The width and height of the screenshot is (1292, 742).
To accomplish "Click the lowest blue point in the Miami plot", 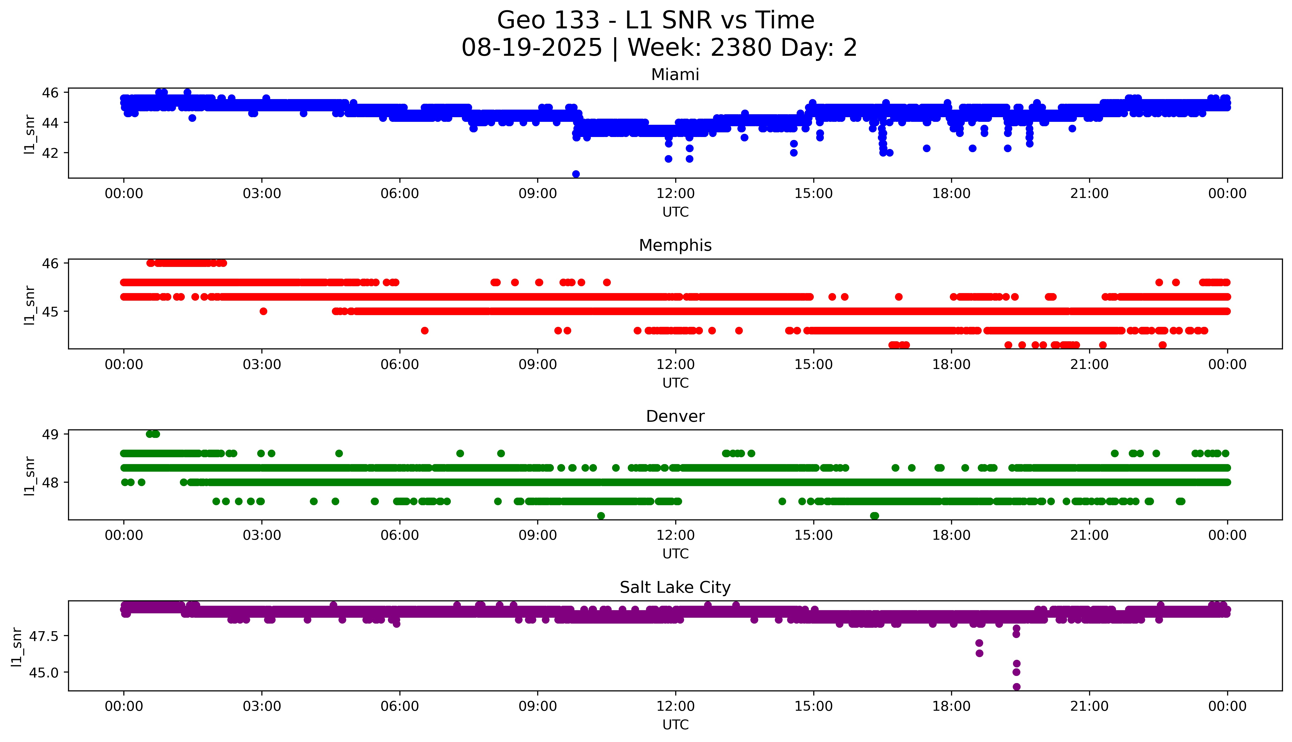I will coord(576,174).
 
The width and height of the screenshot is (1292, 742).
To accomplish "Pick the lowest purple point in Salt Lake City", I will coord(1016,687).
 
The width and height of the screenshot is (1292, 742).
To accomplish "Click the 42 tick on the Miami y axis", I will coord(50,153).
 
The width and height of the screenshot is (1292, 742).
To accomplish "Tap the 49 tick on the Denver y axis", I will coord(50,434).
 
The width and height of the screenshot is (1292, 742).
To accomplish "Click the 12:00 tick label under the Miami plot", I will coord(675,194).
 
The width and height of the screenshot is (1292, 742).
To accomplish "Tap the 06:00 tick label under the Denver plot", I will coord(400,535).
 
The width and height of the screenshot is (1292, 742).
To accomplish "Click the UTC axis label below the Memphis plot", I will coord(675,383).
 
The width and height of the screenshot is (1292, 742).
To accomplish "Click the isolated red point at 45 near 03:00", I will coord(263,311).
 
